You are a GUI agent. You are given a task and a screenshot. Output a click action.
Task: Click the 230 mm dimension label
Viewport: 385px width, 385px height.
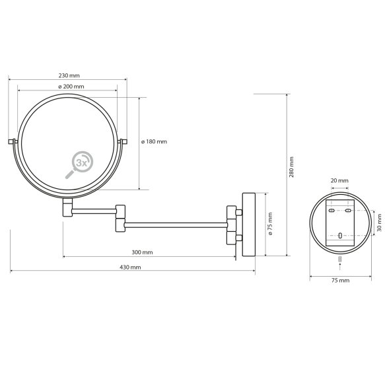pyautogui.click(x=68, y=76)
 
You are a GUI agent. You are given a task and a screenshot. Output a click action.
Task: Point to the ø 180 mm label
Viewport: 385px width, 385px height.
pyautogui.click(x=155, y=141)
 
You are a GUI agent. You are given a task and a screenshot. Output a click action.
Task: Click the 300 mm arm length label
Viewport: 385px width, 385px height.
pyautogui.click(x=142, y=252)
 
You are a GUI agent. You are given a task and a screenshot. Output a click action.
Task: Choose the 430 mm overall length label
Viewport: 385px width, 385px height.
pyautogui.click(x=130, y=267)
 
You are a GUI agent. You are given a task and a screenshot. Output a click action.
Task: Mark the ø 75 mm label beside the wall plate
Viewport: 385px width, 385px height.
pyautogui.click(x=269, y=224)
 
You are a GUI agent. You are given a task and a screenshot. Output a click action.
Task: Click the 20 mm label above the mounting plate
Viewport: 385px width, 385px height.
pyautogui.click(x=339, y=180)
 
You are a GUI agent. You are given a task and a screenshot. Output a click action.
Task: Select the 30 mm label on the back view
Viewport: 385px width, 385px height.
pyautogui.click(x=378, y=223)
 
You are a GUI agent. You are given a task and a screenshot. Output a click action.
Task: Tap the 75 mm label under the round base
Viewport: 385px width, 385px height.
pyautogui.click(x=339, y=280)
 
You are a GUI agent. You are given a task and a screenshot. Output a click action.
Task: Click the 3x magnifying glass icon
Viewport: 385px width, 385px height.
pyautogui.click(x=81, y=165)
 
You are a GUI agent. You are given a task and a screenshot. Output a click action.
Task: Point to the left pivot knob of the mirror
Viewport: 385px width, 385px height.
pyautogui.click(x=11, y=141)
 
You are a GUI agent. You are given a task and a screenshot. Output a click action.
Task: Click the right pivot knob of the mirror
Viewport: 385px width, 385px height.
pyautogui.click(x=122, y=141)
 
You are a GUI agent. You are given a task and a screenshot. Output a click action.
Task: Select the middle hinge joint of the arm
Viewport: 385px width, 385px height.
pyautogui.click(x=120, y=219)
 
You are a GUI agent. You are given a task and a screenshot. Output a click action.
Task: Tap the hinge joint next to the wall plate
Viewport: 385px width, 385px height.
pyautogui.click(x=231, y=225)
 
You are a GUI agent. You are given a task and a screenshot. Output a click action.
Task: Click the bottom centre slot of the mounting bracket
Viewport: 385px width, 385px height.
pyautogui.click(x=339, y=235)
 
